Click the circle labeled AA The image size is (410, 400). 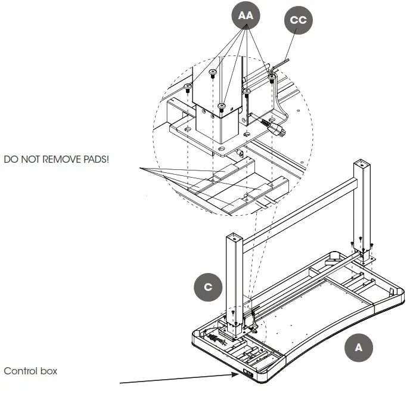point(246,17)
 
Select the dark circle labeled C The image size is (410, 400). point(208,287)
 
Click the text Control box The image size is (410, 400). point(30,371)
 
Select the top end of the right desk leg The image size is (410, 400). point(363,163)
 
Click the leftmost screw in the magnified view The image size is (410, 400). point(187,88)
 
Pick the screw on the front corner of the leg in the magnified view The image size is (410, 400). point(221,107)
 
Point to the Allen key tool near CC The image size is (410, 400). point(278,89)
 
